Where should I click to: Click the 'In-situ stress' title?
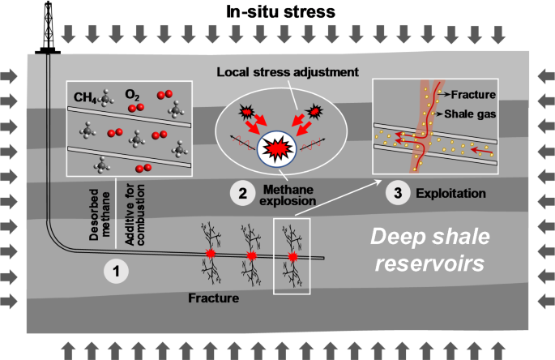click(x=278, y=11)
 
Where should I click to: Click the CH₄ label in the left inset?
click(x=86, y=99)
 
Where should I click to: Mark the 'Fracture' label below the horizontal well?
click(x=216, y=298)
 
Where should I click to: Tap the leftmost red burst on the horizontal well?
click(x=211, y=255)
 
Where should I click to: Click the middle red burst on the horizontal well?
click(x=251, y=256)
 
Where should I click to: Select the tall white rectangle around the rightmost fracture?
click(x=292, y=255)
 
